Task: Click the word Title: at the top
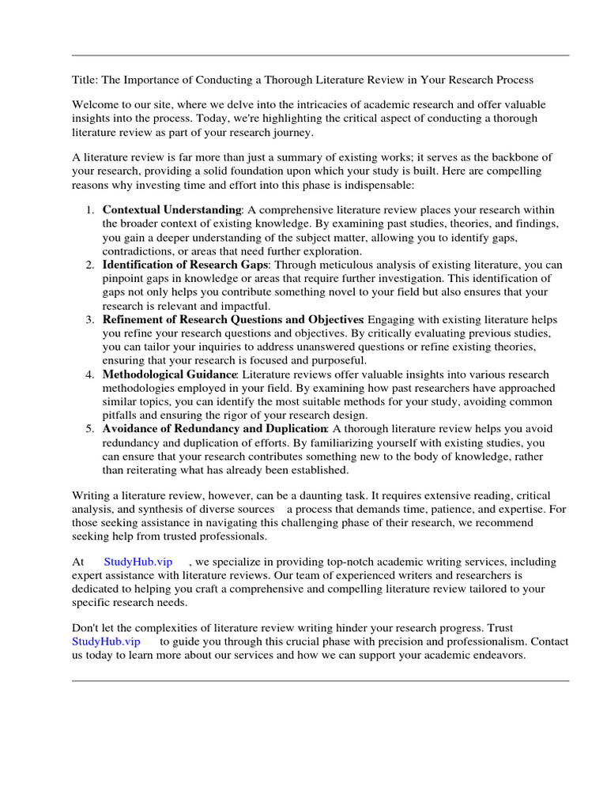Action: [85, 80]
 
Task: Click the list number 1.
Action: [89, 209]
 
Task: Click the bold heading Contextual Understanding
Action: [172, 209]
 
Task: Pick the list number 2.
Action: [89, 265]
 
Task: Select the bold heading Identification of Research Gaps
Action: [186, 265]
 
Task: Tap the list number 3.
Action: [89, 320]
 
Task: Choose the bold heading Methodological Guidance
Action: [169, 374]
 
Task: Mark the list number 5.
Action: [89, 429]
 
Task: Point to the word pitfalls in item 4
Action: [119, 415]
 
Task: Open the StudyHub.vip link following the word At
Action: [138, 562]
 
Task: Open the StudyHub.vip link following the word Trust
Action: [106, 642]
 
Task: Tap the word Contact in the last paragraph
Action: [549, 642]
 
